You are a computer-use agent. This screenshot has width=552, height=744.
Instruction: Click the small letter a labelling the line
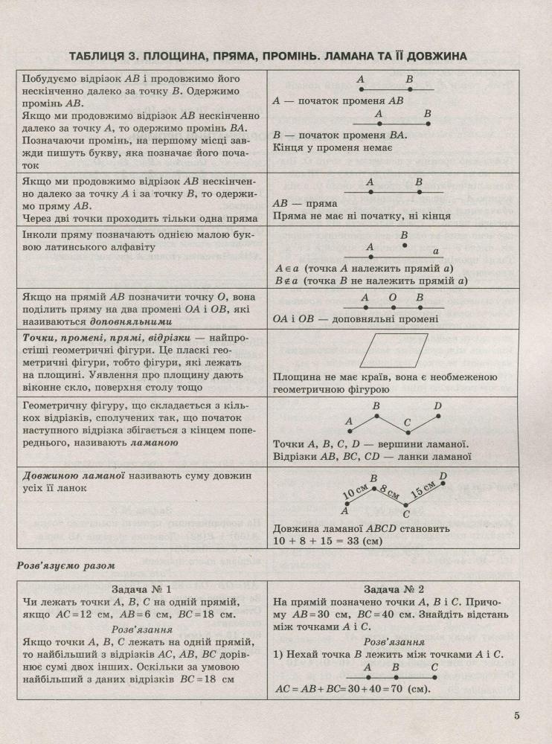(x=437, y=251)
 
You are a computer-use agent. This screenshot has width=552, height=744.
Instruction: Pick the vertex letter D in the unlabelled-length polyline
(x=437, y=407)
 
